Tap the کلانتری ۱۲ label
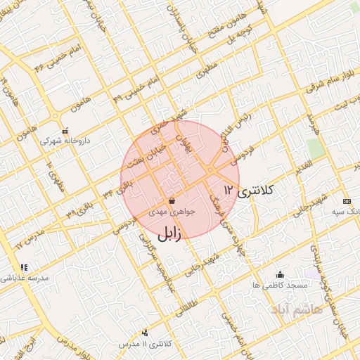pyautogui.click(x=250, y=190)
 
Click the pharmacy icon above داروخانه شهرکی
pyautogui.click(x=65, y=130)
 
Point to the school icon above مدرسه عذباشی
pyautogui.click(x=25, y=267)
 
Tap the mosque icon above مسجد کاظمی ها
pyautogui.click(x=281, y=274)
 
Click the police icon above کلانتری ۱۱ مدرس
pyautogui.click(x=145, y=332)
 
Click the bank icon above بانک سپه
pyautogui.click(x=345, y=200)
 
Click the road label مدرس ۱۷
pyautogui.click(x=28, y=238)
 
